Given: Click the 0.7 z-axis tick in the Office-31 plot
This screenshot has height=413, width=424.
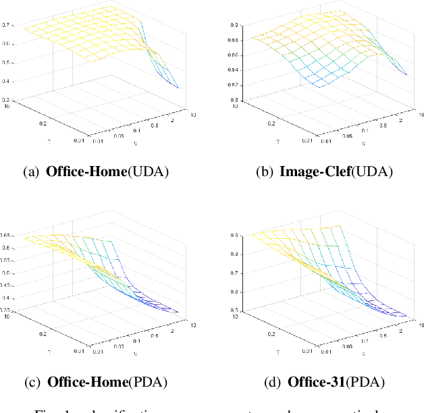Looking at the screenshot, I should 234,273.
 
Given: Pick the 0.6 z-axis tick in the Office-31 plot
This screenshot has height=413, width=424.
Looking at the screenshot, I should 234,292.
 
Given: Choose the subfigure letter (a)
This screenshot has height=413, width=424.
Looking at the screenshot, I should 31,171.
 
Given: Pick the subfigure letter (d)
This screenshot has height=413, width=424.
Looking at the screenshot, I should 272,382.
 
